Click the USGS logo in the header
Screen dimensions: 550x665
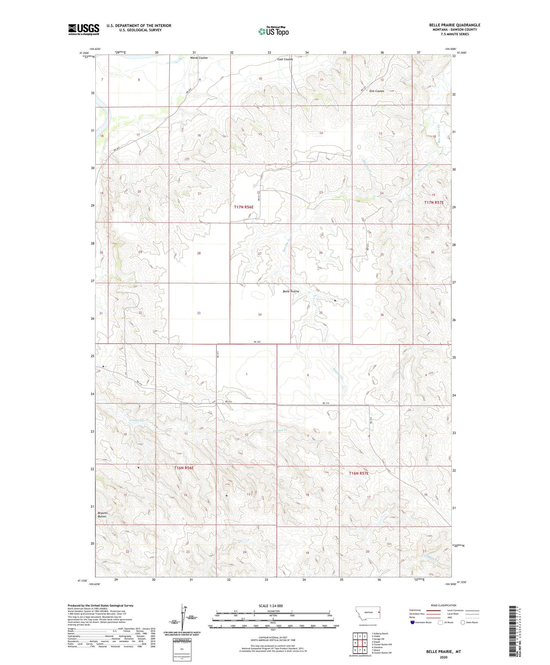click(84, 29)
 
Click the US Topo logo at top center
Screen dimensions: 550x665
click(274, 32)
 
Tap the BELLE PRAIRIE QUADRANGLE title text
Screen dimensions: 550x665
click(455, 25)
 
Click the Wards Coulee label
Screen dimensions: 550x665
click(199, 58)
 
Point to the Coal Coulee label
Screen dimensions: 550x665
click(285, 59)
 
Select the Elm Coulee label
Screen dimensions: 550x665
click(377, 91)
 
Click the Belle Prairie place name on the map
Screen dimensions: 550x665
click(291, 291)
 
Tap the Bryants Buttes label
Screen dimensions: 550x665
click(102, 515)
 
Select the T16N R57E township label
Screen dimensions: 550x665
click(358, 474)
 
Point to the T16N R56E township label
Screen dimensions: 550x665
click(183, 468)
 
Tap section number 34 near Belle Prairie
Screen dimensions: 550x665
click(260, 315)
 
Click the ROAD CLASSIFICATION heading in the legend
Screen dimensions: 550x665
click(444, 605)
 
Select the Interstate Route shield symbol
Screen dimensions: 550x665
click(412, 622)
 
